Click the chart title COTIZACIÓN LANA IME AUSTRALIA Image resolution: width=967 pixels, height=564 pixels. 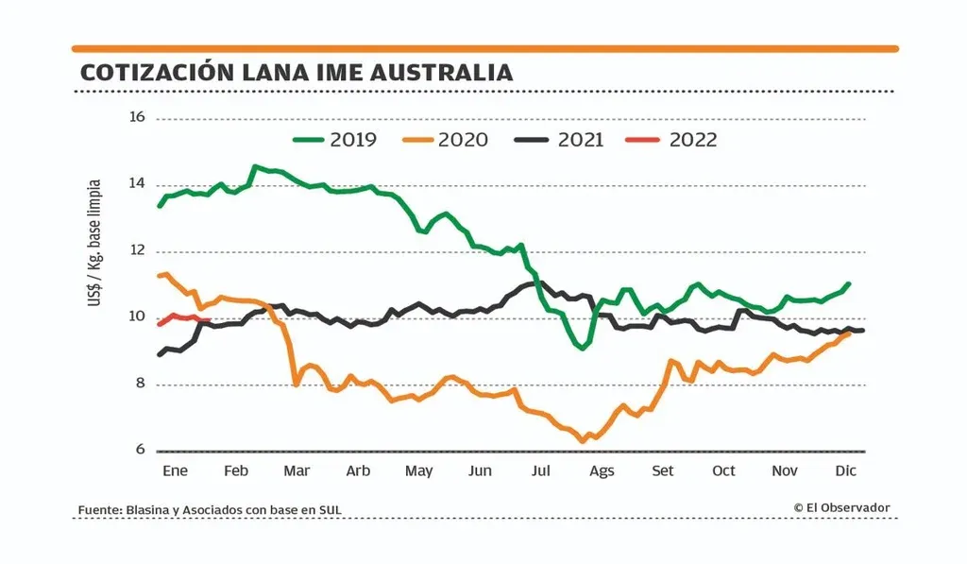click(297, 73)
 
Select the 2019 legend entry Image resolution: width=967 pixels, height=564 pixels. click(334, 140)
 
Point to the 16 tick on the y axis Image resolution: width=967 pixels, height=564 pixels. click(137, 118)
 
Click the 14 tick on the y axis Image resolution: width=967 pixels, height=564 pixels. click(137, 184)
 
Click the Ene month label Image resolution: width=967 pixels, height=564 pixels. click(176, 470)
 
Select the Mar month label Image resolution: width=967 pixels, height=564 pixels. click(297, 470)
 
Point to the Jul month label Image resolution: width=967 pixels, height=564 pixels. click(541, 470)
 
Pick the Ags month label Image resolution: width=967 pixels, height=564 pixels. click(602, 470)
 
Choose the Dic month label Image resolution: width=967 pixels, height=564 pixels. click(846, 470)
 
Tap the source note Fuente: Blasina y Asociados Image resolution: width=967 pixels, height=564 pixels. click(210, 510)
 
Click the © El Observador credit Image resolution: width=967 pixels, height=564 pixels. click(841, 508)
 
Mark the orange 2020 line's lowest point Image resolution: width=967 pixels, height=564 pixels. click(583, 441)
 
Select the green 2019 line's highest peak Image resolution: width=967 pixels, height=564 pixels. click(254, 166)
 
